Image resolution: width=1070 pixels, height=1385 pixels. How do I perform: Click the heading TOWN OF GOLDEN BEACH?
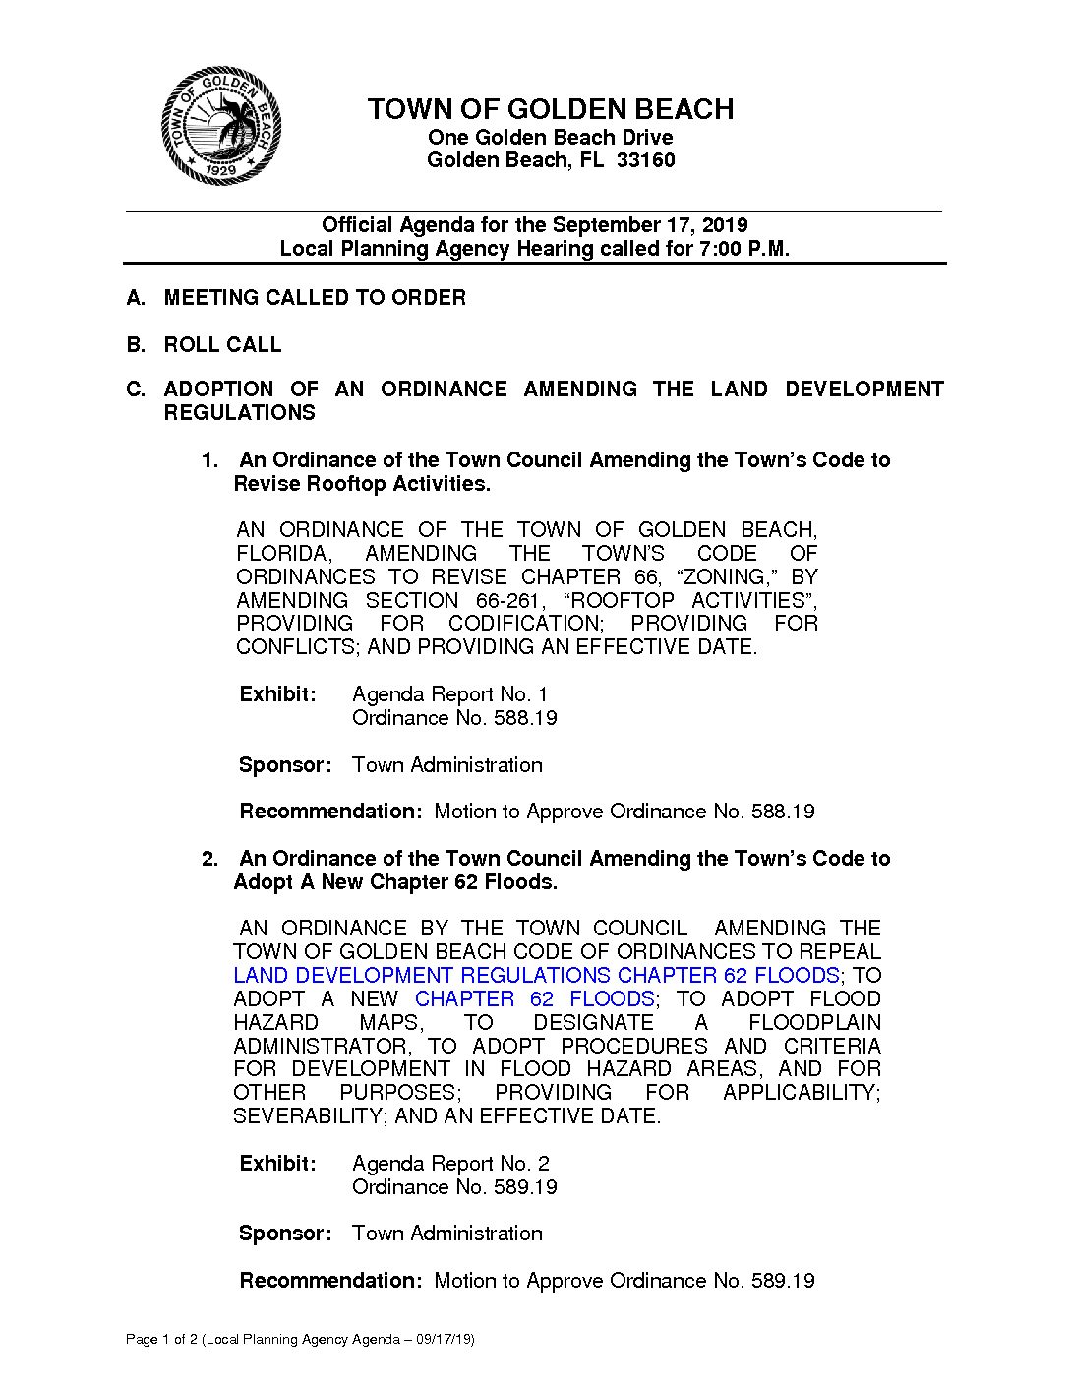[x=550, y=109]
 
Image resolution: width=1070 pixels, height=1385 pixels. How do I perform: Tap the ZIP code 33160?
[x=645, y=160]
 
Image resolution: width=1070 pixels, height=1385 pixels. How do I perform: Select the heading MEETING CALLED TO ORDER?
[x=315, y=298]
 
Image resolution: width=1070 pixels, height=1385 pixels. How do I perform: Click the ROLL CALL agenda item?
[x=222, y=345]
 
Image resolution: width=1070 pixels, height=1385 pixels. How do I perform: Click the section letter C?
[x=135, y=390]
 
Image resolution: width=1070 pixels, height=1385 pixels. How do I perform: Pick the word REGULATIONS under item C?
[x=239, y=413]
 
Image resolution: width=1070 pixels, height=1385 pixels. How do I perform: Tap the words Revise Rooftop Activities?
[x=361, y=484]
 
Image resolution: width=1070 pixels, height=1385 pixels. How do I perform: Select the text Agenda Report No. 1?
[x=449, y=694]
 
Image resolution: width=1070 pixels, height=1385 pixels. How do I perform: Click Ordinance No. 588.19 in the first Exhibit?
[x=454, y=718]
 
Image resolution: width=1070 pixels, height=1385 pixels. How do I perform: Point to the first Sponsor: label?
[x=285, y=765]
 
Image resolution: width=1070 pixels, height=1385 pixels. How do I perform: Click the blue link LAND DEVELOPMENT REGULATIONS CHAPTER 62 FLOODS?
[x=536, y=976]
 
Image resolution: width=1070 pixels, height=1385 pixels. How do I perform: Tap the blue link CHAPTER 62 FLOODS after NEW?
[x=534, y=999]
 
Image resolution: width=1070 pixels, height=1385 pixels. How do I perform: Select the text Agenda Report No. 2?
[x=450, y=1164]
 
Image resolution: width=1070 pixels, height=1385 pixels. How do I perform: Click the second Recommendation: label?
[x=330, y=1281]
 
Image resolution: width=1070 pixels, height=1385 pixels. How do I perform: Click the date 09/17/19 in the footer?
[x=443, y=1340]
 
